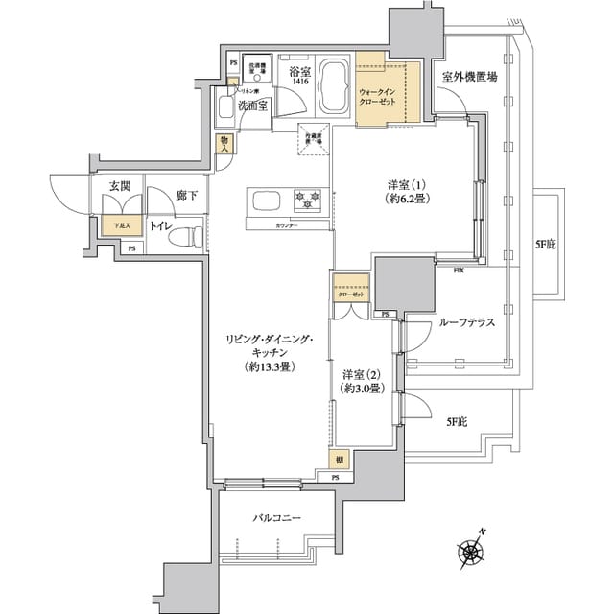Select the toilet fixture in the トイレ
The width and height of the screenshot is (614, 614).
pos(193,233)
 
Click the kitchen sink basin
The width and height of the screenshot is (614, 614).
pos(266,200)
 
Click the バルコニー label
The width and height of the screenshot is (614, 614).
pos(277,518)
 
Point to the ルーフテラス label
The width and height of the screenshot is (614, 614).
pos(466,323)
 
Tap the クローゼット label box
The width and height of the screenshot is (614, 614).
pos(350,295)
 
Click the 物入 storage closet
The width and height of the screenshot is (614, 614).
pos(224,145)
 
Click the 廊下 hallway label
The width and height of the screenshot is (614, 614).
pos(187,196)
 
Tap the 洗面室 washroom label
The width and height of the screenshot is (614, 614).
pos(253,106)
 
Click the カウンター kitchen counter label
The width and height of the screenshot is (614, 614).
pos(285,226)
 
